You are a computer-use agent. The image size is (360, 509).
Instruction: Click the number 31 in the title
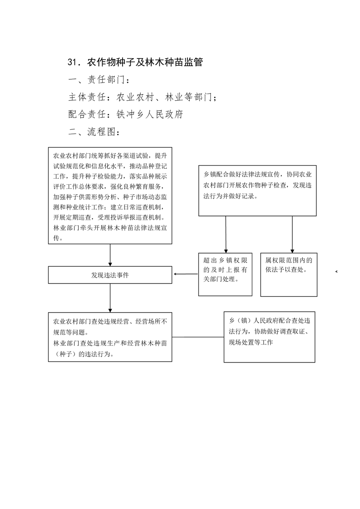[x=72, y=62]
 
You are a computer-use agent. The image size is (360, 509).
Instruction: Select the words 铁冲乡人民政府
[x=150, y=114]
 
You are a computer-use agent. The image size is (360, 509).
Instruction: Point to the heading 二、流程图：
[x=95, y=132]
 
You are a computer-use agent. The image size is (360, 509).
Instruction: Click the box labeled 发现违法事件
[x=110, y=275]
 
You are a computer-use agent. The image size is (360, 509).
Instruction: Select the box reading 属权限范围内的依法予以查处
[x=289, y=274]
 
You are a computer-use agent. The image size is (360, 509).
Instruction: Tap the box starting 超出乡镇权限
[x=225, y=274]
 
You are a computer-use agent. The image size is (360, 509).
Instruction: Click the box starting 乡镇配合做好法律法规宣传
[x=257, y=191]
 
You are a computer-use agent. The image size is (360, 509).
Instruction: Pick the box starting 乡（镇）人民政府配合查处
[x=269, y=337]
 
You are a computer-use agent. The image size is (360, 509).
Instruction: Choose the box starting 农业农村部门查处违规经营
[x=110, y=337]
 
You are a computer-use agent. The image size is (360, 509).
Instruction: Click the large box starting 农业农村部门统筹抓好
[x=110, y=196]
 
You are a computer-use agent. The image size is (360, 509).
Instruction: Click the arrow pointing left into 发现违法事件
[x=186, y=274]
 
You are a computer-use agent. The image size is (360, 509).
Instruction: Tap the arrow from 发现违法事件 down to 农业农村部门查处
[x=110, y=298]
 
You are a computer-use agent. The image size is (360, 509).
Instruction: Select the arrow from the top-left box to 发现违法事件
[x=110, y=255]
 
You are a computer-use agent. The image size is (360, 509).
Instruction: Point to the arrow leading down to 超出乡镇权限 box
[x=226, y=235]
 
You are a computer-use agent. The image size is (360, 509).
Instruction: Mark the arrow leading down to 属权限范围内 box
[x=292, y=235]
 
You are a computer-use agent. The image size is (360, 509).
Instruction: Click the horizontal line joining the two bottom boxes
[x=198, y=337]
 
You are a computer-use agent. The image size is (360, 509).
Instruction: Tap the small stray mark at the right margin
[x=336, y=271]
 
